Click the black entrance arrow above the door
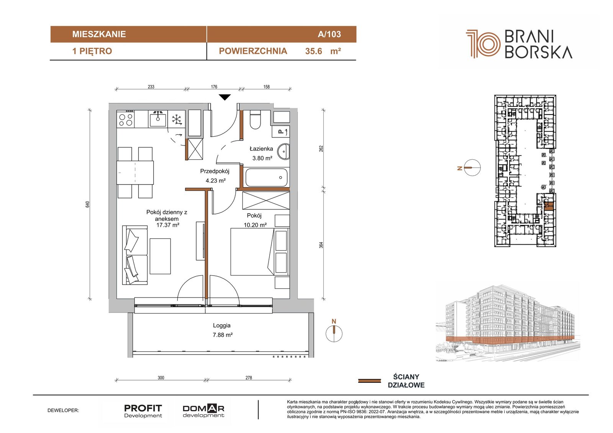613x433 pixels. [x=225, y=97]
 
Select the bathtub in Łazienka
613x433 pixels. [x=266, y=177]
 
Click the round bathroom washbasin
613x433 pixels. [x=284, y=151]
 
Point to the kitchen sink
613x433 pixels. [x=157, y=119]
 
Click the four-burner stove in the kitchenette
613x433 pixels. [x=125, y=119]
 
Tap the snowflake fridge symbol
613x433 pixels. [x=177, y=119]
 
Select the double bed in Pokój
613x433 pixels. [x=252, y=252]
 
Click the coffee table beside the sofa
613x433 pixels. [x=160, y=256]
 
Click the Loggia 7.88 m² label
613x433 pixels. [x=223, y=330]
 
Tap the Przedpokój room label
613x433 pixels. [x=215, y=171]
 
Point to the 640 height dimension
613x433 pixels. [x=87, y=204]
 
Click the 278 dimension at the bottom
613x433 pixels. [x=249, y=378]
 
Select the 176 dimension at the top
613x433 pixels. [x=214, y=87]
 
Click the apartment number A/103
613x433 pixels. [x=329, y=34]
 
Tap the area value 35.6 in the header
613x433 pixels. [x=314, y=51]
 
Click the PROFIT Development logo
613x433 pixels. [x=143, y=411]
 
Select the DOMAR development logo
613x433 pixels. [x=203, y=411]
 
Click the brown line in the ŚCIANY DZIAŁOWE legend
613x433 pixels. [x=369, y=381]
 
